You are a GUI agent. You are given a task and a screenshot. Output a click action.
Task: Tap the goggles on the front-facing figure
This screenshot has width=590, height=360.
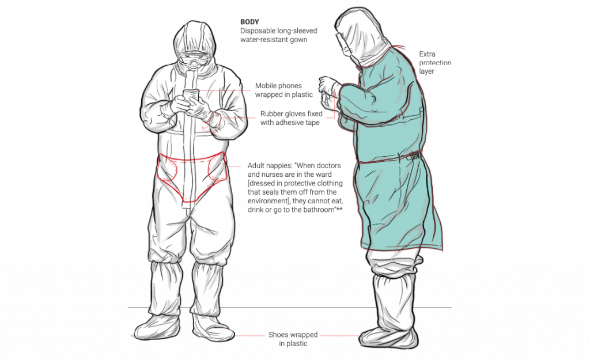point(195,59)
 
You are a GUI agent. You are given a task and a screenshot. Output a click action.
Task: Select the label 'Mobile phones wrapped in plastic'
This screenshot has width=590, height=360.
point(284,90)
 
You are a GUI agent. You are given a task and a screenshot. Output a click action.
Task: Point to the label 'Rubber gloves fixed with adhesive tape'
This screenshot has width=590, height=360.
point(291,118)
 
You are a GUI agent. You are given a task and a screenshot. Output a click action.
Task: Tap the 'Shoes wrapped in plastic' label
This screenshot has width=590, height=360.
point(293,339)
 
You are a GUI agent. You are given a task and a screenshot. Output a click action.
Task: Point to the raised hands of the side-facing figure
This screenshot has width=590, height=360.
point(328,89)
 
